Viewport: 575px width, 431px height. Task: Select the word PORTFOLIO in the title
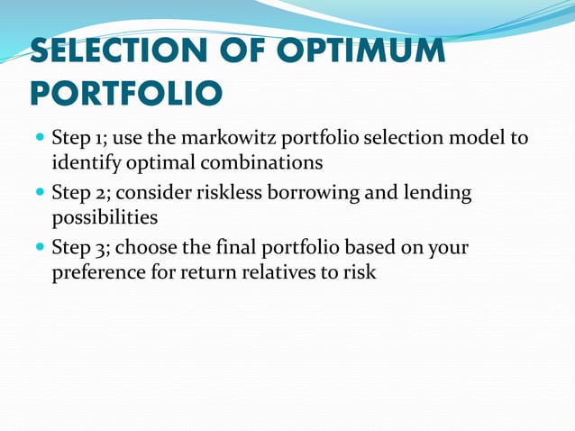click(x=125, y=92)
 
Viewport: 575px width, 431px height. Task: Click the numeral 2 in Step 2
click(x=99, y=193)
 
